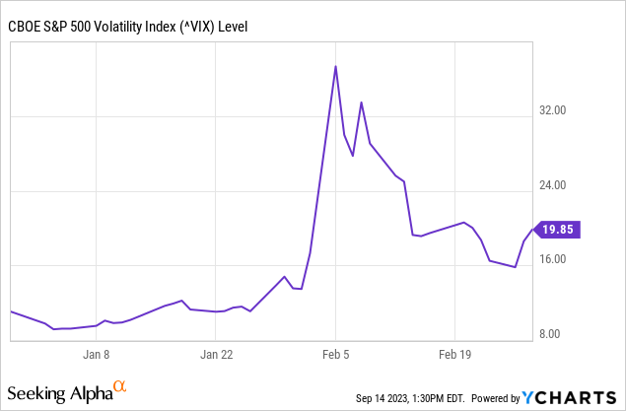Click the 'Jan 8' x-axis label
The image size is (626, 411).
[96, 353]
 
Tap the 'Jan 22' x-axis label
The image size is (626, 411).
[216, 353]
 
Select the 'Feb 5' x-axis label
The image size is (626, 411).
[336, 353]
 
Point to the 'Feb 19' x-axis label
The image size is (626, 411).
[455, 353]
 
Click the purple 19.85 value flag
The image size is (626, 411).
[558, 230]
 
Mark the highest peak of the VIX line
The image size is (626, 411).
[336, 67]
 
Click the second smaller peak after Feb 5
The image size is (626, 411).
[361, 103]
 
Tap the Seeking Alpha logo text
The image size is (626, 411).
[60, 394]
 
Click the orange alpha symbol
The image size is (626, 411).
[120, 387]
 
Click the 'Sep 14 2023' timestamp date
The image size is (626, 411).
[383, 398]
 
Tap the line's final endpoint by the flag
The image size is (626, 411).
[533, 229]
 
